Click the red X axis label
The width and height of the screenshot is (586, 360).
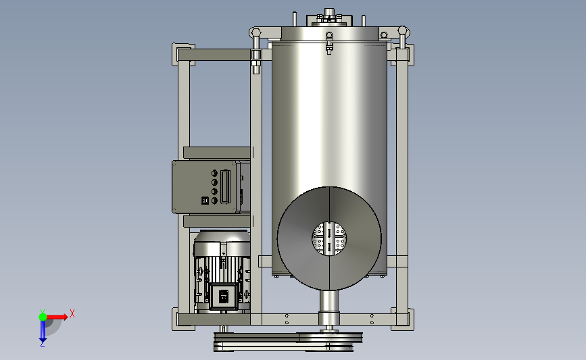click(72, 313)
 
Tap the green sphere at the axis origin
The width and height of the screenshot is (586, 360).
click(43, 317)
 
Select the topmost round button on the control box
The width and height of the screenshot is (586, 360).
click(214, 174)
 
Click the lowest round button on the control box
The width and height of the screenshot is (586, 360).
click(214, 201)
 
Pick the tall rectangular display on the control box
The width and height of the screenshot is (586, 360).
click(225, 186)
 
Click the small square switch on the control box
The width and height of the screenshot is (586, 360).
click(205, 201)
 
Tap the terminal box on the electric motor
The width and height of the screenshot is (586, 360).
click(224, 297)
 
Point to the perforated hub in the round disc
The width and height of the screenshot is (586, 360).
click(329, 239)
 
